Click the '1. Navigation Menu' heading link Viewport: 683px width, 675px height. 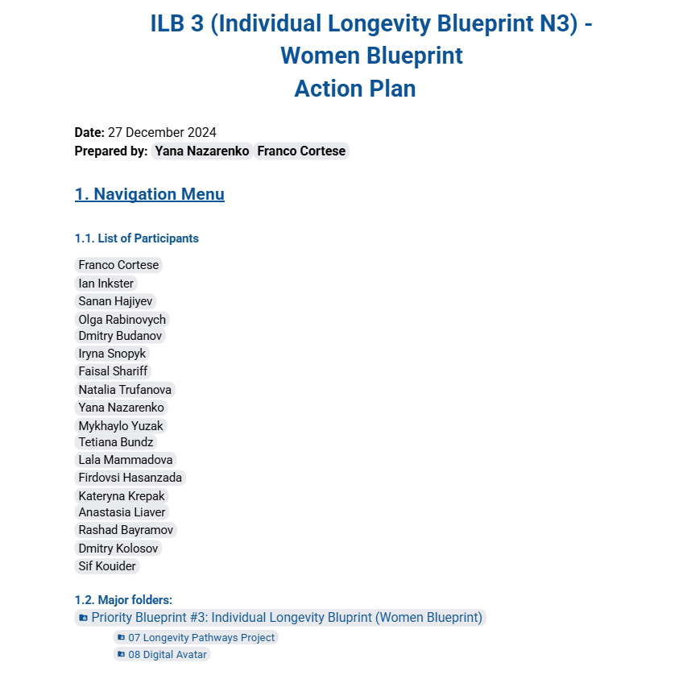[149, 194]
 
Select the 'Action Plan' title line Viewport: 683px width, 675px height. [354, 88]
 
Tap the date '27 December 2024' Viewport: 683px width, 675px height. [162, 133]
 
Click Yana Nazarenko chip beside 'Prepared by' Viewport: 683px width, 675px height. [202, 151]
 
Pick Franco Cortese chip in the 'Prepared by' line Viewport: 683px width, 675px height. [301, 151]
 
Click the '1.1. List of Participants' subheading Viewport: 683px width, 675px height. [136, 238]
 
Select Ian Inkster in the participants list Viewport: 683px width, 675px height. [106, 283]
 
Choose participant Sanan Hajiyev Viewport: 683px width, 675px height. [115, 301]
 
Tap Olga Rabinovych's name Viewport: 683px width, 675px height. [122, 319]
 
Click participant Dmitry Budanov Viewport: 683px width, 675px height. [120, 335]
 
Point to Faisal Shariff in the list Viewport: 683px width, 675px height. [113, 371]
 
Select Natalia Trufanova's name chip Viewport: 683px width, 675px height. [125, 390]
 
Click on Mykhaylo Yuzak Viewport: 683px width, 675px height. [122, 426]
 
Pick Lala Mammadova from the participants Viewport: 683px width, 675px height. [126, 460]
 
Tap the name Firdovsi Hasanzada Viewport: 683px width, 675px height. [130, 478]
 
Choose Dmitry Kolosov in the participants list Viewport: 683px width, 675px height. [118, 549]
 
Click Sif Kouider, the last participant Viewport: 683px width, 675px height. [107, 566]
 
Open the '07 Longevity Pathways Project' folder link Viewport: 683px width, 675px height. [201, 637]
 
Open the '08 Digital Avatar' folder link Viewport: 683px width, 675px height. [168, 654]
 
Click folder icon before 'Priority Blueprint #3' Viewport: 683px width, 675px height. [83, 618]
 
